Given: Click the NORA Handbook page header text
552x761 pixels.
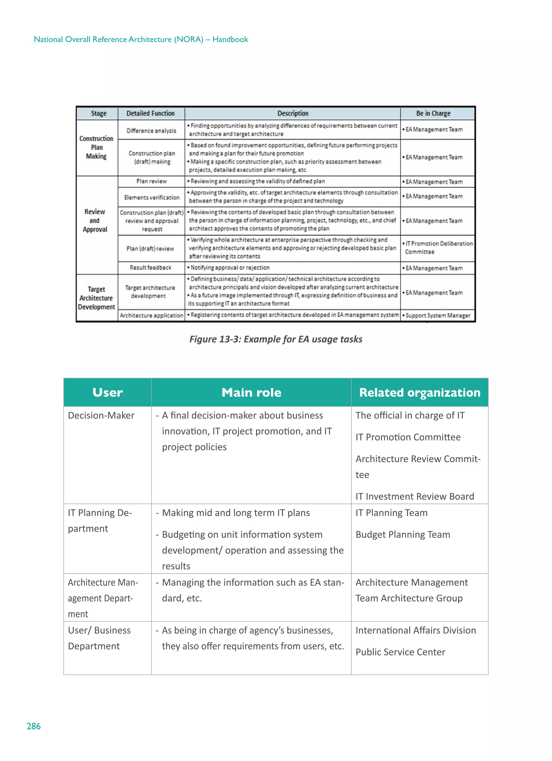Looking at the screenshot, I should (x=141, y=39).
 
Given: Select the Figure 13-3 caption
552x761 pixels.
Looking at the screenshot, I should (x=275, y=339).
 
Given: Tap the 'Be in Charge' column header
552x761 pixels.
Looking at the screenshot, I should (x=433, y=113).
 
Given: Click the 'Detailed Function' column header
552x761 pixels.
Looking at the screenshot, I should (x=150, y=113).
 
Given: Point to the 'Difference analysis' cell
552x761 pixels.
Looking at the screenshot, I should (x=151, y=130).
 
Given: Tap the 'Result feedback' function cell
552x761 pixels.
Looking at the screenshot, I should (x=150, y=267).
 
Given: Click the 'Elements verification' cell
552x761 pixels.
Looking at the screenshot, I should (x=152, y=197).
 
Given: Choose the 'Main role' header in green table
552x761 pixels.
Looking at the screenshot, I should (x=251, y=392).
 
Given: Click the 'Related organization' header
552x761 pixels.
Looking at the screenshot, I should (x=419, y=392).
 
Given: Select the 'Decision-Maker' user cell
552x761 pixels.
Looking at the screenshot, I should (x=101, y=415).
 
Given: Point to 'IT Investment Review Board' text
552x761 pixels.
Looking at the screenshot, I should (x=415, y=496).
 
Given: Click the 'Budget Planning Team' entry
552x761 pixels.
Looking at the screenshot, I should (x=402, y=534).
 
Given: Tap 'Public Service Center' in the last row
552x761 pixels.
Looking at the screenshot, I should (x=400, y=652).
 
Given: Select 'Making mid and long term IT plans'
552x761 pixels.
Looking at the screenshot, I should (x=236, y=513).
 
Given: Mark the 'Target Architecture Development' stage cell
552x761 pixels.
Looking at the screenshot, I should (x=96, y=298).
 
